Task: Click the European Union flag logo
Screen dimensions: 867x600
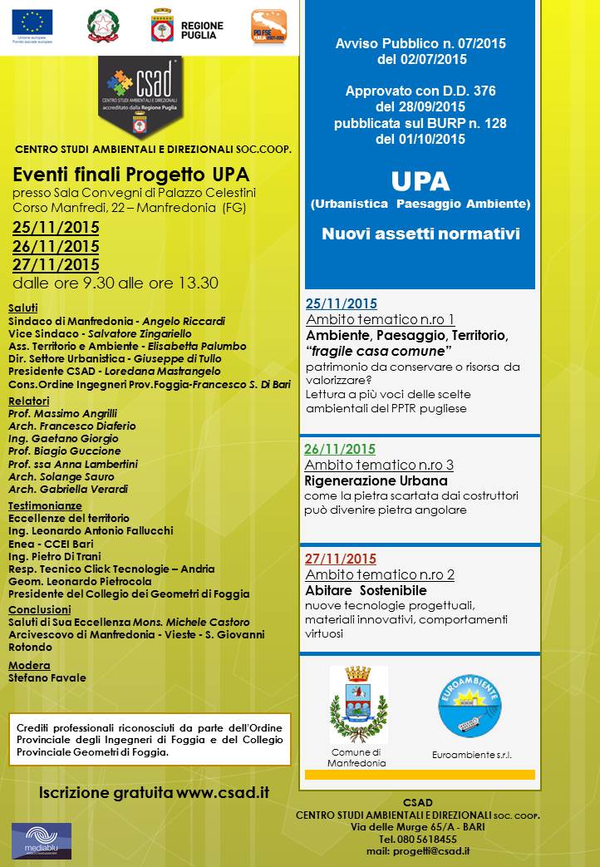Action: point(32,21)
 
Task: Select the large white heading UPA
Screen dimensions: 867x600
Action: point(420,181)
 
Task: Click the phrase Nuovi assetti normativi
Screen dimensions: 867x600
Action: point(420,234)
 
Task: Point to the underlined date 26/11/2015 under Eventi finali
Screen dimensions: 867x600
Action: point(56,246)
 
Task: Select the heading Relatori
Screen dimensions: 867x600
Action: point(28,401)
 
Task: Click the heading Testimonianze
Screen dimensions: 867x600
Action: point(45,505)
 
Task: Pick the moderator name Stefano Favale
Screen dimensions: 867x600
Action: point(47,677)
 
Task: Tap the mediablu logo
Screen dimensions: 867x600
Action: point(41,840)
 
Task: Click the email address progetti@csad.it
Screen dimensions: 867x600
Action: point(430,851)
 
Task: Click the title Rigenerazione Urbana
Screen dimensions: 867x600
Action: point(376,480)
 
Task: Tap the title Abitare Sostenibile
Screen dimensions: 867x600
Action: point(365,590)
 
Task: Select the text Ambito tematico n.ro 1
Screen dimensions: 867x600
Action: point(380,319)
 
